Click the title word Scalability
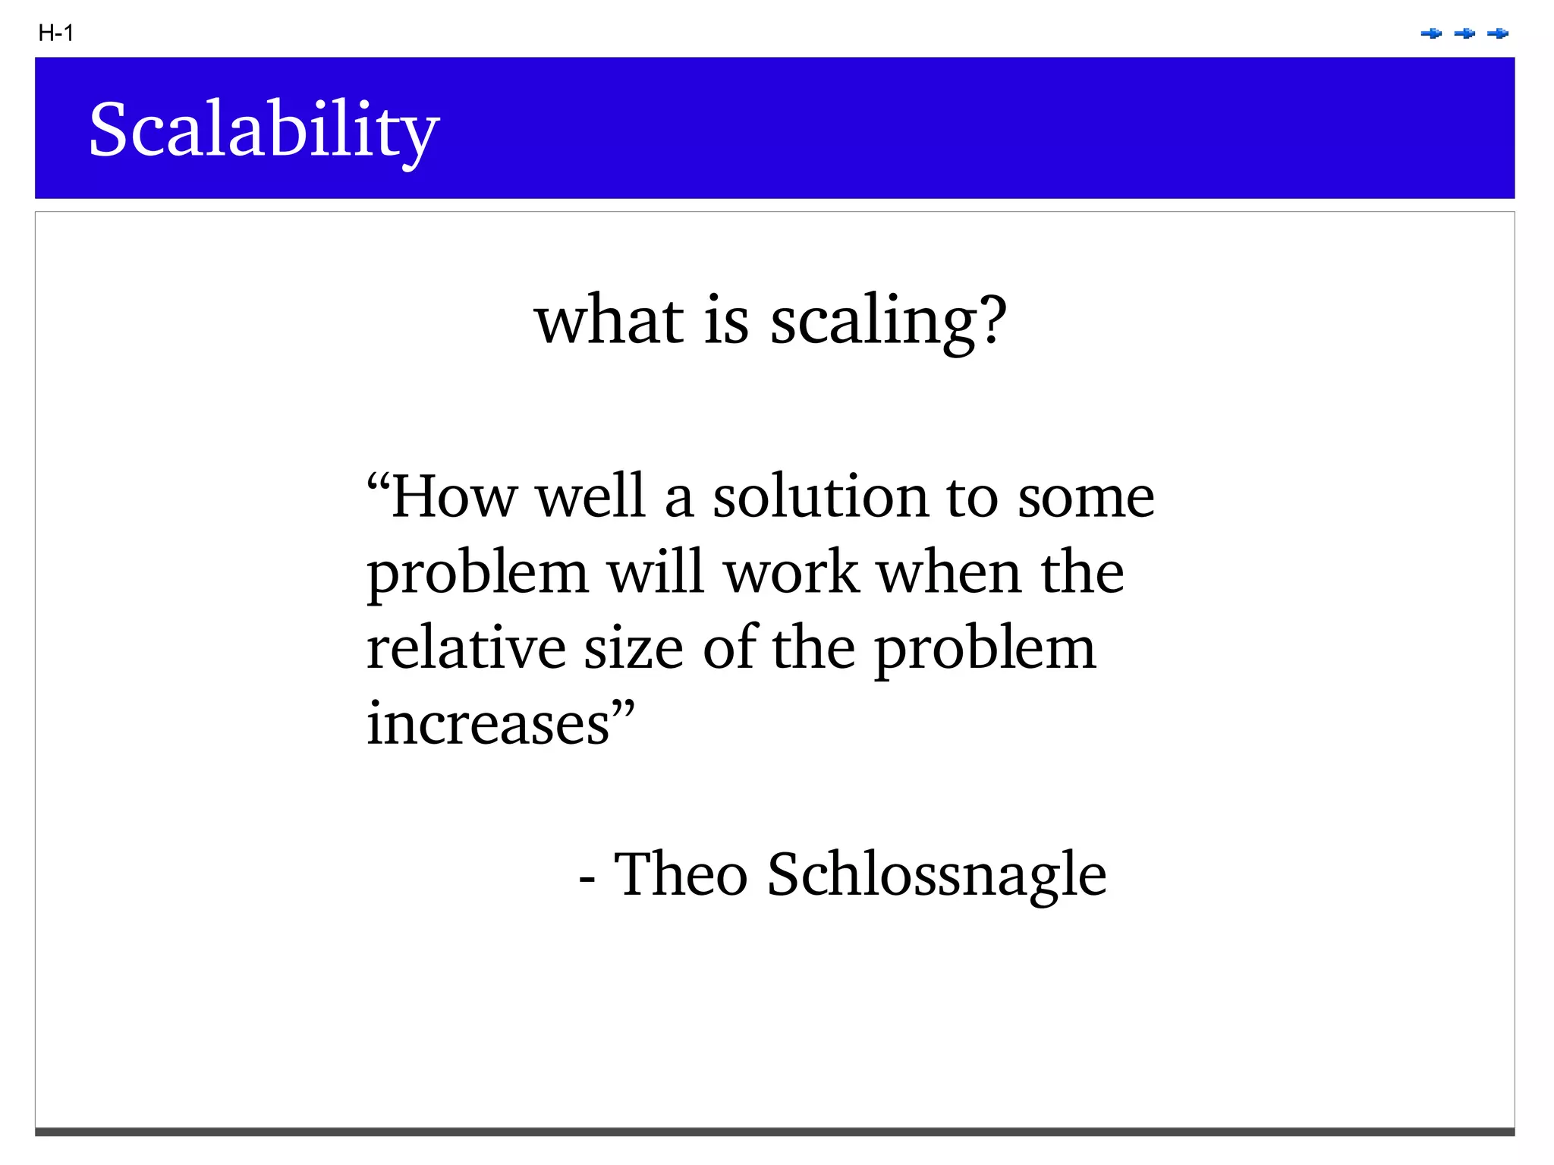point(263,131)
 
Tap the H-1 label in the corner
point(55,33)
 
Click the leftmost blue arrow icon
point(1431,33)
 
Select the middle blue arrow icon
point(1464,33)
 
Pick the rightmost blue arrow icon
point(1498,33)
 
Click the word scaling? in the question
point(889,321)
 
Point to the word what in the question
point(609,321)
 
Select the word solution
point(820,497)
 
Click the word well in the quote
point(590,497)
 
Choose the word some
point(1086,497)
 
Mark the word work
point(791,573)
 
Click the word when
point(949,573)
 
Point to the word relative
point(466,649)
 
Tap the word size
point(634,649)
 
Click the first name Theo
point(681,874)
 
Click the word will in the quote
point(656,573)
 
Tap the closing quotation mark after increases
point(623,711)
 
